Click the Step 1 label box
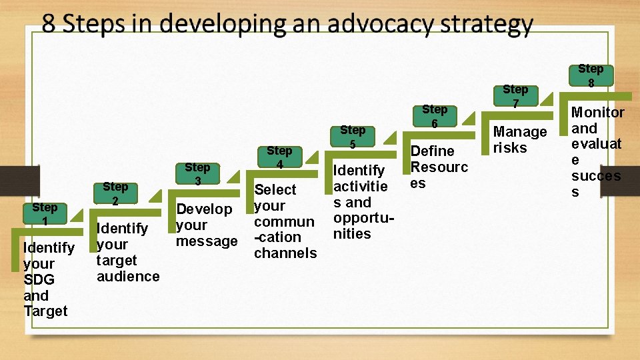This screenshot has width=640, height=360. coord(44,213)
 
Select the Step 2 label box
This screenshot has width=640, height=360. coord(115,194)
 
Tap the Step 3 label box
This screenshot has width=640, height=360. coord(197,174)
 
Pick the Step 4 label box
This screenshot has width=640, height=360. coord(279,157)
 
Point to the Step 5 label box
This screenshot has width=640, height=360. coord(353,137)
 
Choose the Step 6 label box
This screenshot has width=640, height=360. coord(435,116)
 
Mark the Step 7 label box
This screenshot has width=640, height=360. coord(515,96)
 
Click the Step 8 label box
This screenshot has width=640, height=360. coord(590,75)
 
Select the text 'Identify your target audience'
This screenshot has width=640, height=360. coord(127,252)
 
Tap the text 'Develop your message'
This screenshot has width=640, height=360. coord(206,225)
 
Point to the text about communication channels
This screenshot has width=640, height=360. coord(285,221)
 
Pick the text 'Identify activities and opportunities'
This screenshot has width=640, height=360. coord(360,202)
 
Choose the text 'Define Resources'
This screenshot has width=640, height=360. coord(439,167)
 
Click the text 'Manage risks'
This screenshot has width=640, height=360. coord(519,139)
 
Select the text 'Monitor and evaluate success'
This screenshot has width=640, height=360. coord(597,152)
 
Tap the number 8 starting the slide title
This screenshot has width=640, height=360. coord(49,25)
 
